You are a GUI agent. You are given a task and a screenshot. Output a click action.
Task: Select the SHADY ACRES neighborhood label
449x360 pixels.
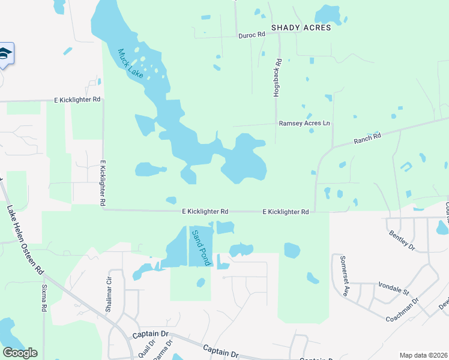pos(301,28)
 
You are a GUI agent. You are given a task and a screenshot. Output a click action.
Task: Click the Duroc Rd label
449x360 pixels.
pos(252,35)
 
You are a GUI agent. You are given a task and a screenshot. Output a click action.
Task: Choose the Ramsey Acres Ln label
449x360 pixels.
pos(304,123)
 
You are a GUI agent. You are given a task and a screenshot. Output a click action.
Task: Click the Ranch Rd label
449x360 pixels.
pos(367,137)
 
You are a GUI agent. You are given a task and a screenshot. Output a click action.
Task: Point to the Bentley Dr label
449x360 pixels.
pos(402,239)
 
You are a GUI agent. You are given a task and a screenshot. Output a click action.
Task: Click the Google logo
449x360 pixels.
pos(20,353)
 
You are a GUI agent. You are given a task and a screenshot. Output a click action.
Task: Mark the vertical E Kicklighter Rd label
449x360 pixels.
pos(103,184)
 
